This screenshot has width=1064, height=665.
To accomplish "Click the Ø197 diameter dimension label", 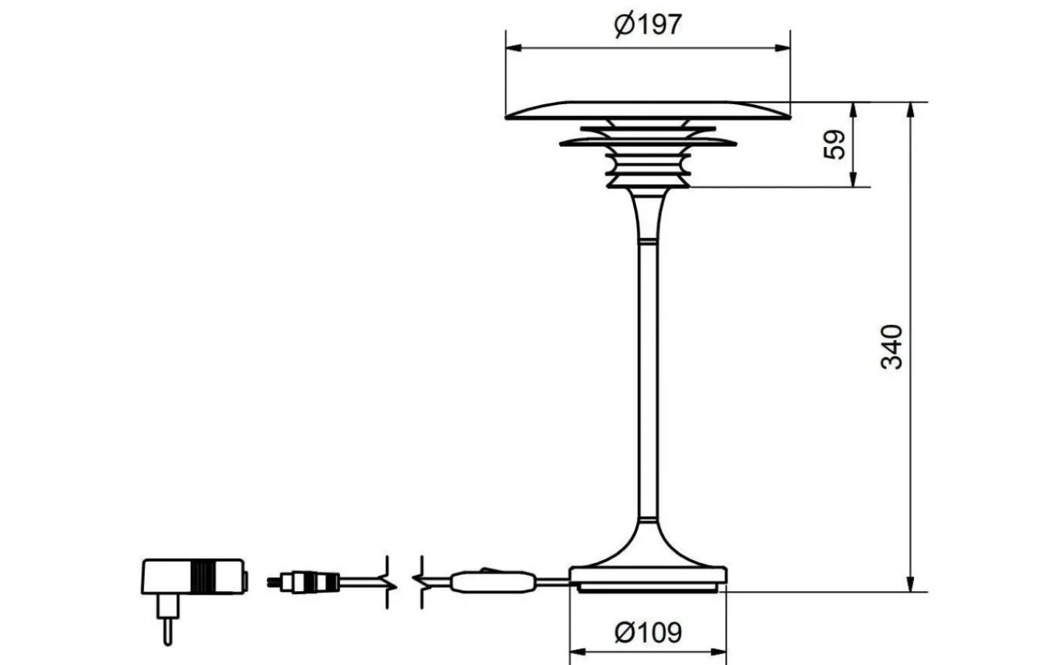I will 647,25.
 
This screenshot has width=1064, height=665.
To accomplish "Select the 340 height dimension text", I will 892,346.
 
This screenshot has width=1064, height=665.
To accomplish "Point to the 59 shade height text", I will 834,145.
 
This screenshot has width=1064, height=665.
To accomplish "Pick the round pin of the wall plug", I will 168,628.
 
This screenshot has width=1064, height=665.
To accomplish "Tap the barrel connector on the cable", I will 303,582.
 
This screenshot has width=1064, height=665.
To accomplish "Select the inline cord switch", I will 492,581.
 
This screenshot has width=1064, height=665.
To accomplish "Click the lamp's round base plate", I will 647,576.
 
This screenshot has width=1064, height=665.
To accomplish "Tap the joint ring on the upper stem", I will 647,241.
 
